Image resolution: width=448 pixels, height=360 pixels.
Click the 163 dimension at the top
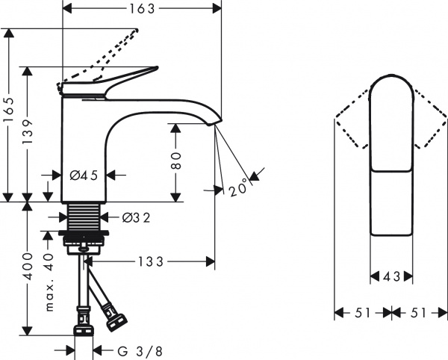(142, 9)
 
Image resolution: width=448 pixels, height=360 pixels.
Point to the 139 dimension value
(28, 133)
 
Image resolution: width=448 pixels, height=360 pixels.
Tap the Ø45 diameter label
(84, 176)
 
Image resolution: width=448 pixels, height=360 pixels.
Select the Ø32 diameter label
(136, 218)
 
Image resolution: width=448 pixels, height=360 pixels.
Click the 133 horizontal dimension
(151, 261)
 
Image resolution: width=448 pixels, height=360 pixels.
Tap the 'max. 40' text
(49, 282)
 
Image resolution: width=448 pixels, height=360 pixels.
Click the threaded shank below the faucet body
(84, 217)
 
